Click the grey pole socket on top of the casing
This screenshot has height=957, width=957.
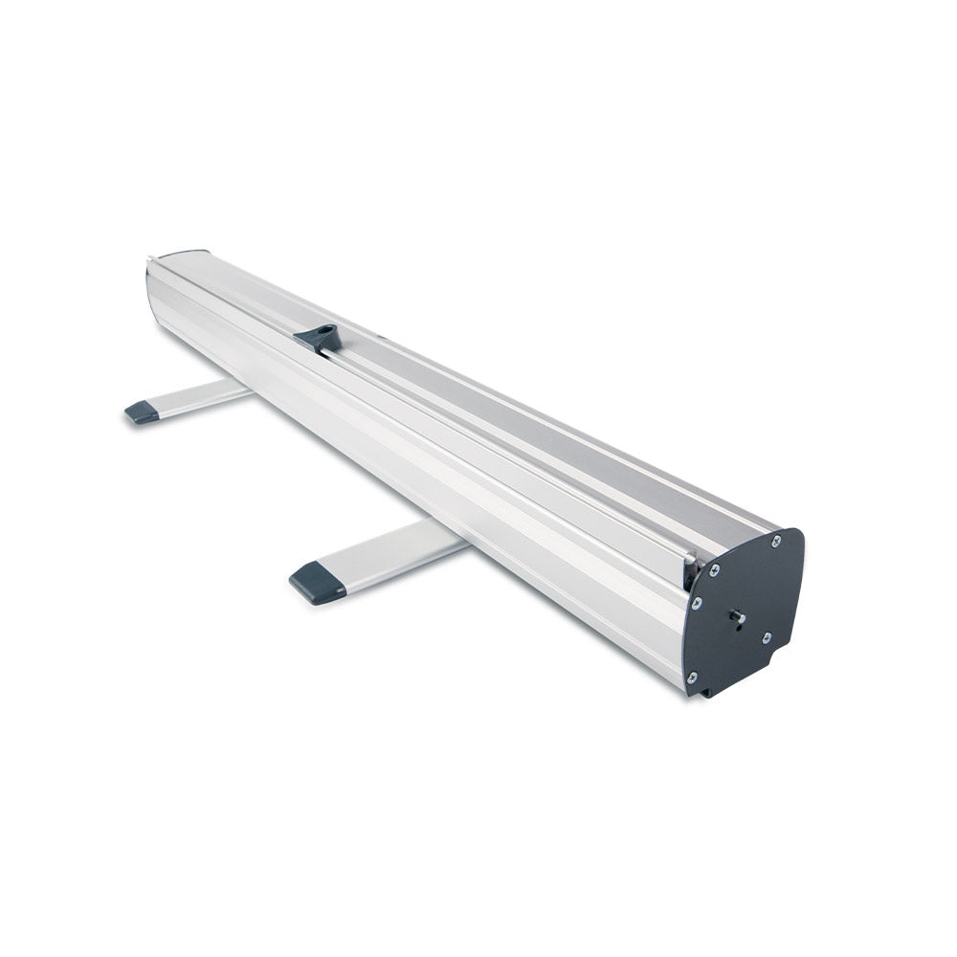click(318, 337)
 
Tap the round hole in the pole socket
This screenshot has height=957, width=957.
click(325, 333)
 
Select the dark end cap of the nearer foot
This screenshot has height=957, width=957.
click(317, 583)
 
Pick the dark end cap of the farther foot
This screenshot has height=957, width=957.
click(142, 412)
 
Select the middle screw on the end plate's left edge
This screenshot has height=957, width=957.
click(697, 603)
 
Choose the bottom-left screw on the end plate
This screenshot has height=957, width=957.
click(692, 679)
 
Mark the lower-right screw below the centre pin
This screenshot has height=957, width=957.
click(766, 637)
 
